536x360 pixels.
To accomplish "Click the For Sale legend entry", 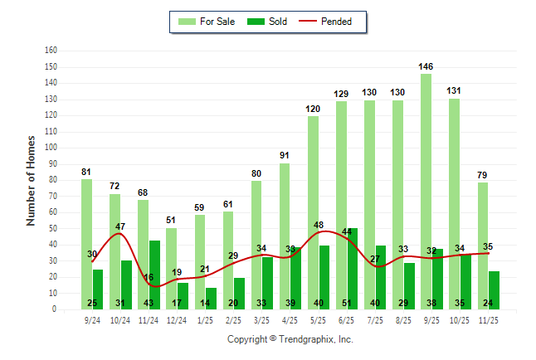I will (x=207, y=22).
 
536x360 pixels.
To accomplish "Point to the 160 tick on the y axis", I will (x=51, y=51).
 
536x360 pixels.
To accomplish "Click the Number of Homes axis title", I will (x=32, y=180).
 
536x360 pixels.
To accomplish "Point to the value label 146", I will (x=426, y=66).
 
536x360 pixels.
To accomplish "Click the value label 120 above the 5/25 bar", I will (x=313, y=109).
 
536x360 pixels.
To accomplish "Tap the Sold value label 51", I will (x=347, y=303).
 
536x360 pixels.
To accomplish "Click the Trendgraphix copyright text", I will (x=290, y=339).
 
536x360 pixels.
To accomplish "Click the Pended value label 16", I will (x=149, y=277).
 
